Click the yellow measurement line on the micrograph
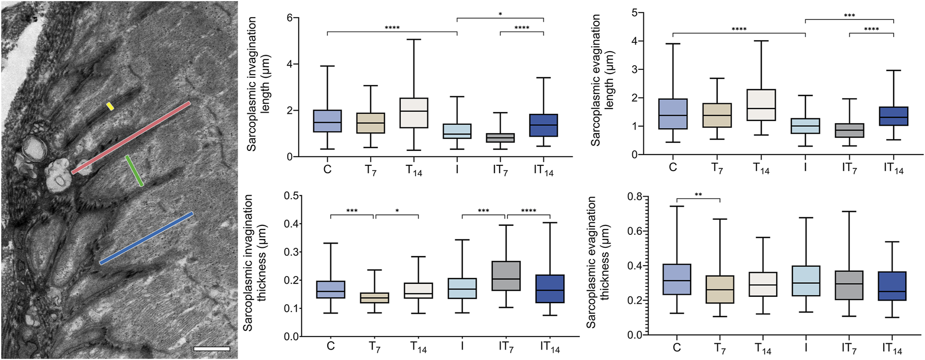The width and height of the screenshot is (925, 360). click(x=110, y=106)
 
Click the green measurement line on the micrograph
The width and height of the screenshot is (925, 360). click(x=135, y=171)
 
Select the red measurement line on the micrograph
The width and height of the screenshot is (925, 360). click(x=131, y=138)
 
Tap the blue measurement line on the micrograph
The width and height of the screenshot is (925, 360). click(x=147, y=238)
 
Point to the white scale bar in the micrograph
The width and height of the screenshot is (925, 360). click(x=211, y=348)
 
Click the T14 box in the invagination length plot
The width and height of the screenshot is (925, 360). click(x=414, y=113)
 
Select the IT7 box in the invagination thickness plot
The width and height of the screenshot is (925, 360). click(x=506, y=275)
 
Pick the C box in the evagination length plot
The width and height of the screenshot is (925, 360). click(x=673, y=114)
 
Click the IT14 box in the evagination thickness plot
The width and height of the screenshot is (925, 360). click(x=892, y=286)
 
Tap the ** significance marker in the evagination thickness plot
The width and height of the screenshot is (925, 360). click(x=698, y=195)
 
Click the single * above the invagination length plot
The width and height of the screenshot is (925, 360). click(x=500, y=14)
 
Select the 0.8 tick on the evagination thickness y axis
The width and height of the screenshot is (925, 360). click(x=635, y=197)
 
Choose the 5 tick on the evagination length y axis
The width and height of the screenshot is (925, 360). click(x=634, y=13)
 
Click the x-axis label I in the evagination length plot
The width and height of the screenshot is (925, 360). click(x=805, y=167)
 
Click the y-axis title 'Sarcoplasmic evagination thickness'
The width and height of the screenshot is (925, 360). click(x=598, y=262)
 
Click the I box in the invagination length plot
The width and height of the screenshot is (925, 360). click(x=457, y=131)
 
